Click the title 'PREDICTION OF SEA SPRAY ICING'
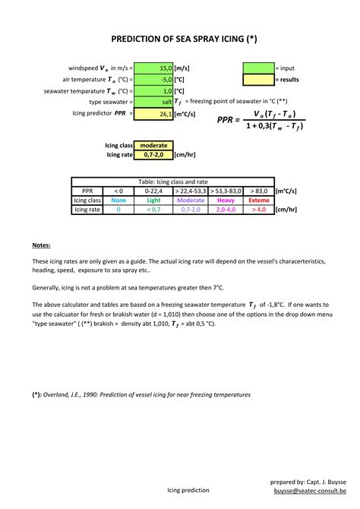coord(180,39)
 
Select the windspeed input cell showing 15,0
coord(153,68)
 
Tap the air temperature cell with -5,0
coord(153,79)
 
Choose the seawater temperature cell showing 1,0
coord(153,90)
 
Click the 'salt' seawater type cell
coord(153,102)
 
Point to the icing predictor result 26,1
coord(153,113)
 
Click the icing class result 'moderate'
coord(153,145)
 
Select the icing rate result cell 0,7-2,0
coord(153,154)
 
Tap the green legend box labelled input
coord(257,68)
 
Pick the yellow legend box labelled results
coord(257,79)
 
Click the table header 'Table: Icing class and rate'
coord(172,182)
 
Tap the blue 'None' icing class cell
coord(118,201)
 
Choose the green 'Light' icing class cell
coord(153,201)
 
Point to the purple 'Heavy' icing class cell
coord(226,201)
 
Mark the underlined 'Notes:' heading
coord(42,245)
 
